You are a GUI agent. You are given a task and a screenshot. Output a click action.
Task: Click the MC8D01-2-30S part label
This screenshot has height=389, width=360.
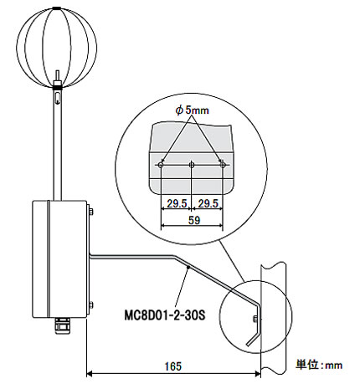pos(165,315)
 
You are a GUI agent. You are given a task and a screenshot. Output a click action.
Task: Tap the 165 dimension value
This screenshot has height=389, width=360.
pos(173,366)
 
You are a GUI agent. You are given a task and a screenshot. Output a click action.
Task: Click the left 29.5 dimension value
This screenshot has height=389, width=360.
pos(177,203)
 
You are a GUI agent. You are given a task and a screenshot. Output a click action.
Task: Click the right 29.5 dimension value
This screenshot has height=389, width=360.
pos(208,203)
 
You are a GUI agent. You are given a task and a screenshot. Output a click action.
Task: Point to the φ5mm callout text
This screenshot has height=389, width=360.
pos(192,110)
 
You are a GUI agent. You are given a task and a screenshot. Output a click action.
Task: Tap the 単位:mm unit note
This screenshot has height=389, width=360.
pos(319,365)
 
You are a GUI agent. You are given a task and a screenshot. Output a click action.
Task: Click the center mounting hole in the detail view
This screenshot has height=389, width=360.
pos(192,165)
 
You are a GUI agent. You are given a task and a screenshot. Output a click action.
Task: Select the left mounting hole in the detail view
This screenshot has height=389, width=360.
pos(161,165)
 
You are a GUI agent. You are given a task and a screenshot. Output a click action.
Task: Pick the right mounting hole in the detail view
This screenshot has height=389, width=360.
pos(223,165)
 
